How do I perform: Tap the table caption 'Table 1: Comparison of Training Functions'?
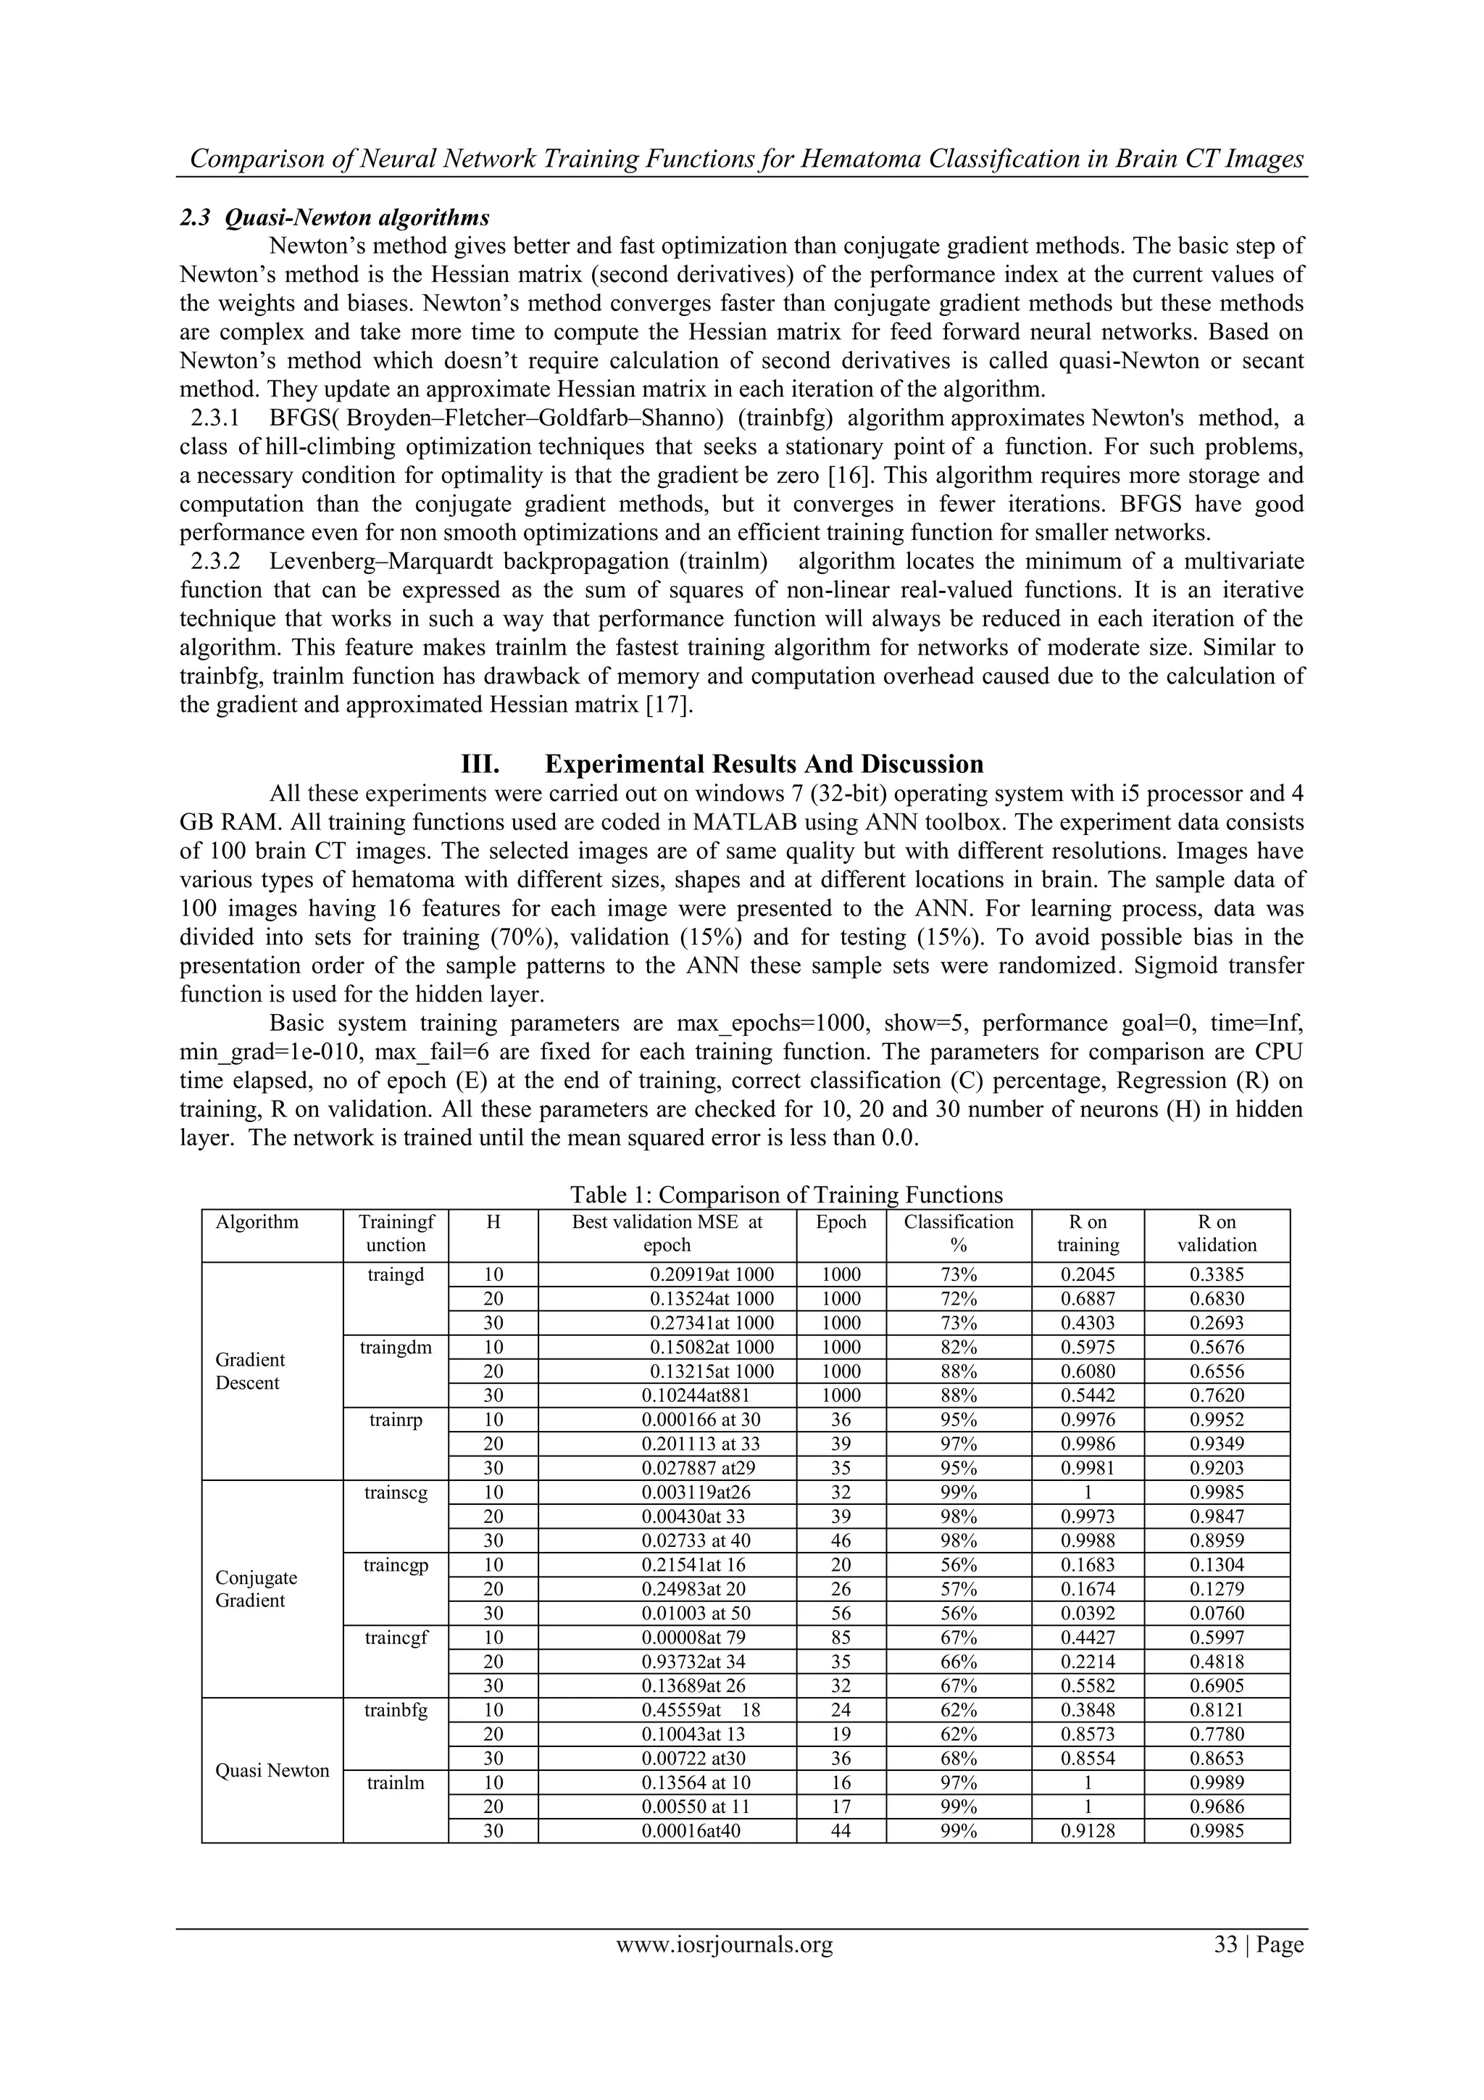pyautogui.click(x=786, y=1195)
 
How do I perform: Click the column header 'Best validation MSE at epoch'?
pyautogui.click(x=667, y=1233)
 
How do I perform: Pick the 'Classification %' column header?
pyautogui.click(x=958, y=1233)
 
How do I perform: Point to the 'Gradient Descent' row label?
pyautogui.click(x=249, y=1371)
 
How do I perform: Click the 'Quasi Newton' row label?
pyautogui.click(x=272, y=1771)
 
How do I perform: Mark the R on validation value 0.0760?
pyautogui.click(x=1217, y=1614)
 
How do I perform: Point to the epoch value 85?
pyautogui.click(x=841, y=1638)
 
